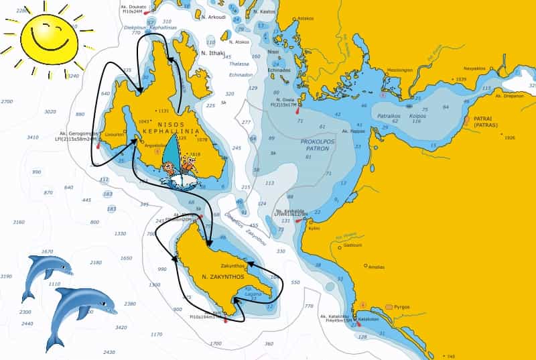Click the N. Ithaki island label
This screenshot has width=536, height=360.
coord(214,52)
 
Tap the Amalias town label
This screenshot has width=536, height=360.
coord(376,267)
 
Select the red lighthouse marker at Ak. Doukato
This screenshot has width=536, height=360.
coord(147,13)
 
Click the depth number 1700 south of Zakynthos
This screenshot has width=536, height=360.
coord(215,343)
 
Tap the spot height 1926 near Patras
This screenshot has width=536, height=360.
coord(509,137)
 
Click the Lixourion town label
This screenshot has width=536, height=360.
coord(115,134)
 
